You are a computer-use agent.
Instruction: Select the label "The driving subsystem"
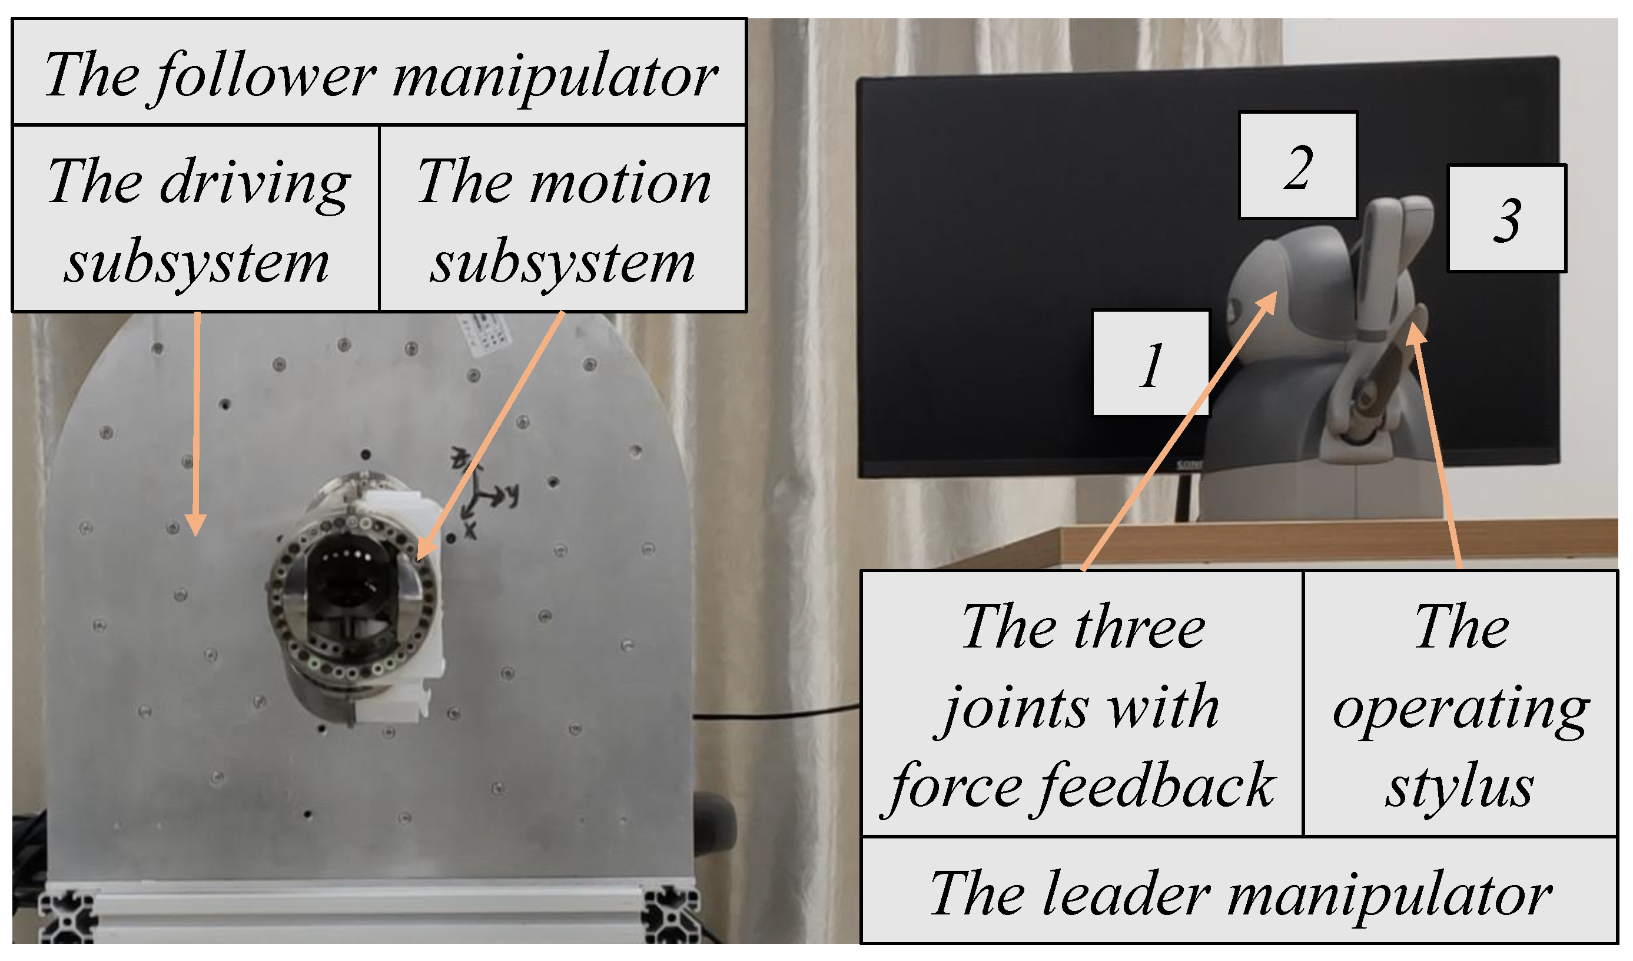point(195,219)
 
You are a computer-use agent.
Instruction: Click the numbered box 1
point(1151,364)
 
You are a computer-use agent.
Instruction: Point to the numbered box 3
point(1507,219)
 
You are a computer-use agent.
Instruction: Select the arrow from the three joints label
point(1179,432)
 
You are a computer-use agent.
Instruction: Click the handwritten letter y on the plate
point(513,496)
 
